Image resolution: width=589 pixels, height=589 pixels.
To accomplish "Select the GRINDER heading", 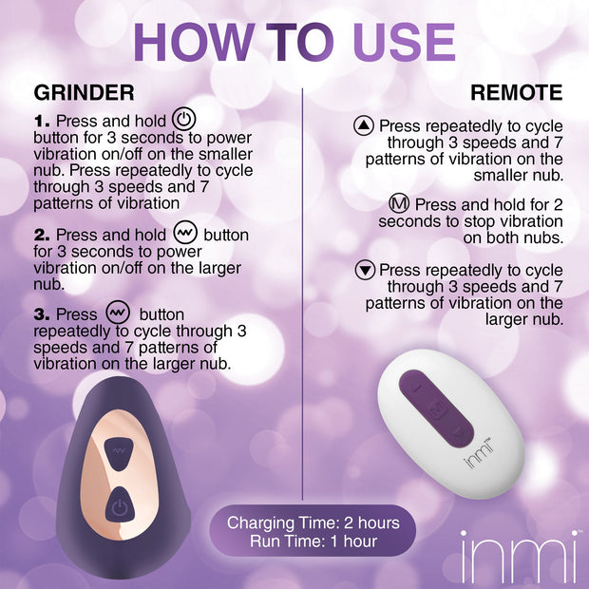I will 84,93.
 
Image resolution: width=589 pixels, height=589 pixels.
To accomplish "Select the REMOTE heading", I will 517,93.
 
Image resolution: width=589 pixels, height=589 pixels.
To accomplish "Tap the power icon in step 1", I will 185,121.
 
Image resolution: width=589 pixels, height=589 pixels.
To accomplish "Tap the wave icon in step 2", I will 185,234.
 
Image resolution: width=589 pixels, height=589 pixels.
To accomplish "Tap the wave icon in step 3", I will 117,313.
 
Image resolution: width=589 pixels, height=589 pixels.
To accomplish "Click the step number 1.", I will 42,123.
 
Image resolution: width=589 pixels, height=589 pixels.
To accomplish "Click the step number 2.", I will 42,235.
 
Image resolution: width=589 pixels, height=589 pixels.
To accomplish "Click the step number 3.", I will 42,314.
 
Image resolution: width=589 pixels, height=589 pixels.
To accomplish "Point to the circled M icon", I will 400,204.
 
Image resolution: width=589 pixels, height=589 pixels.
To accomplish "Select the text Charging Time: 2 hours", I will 313,523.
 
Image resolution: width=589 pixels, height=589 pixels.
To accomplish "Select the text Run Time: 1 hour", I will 313,541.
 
